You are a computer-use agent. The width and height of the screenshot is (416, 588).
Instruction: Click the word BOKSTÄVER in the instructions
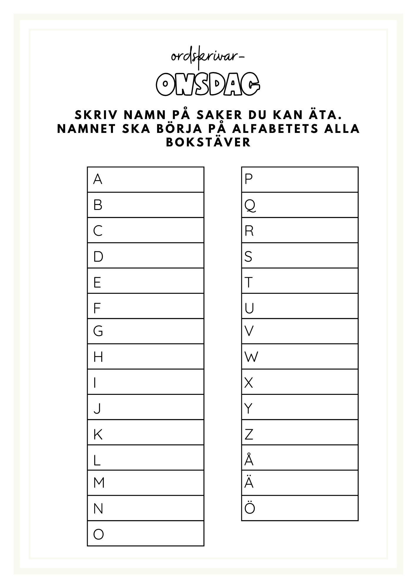[208, 142]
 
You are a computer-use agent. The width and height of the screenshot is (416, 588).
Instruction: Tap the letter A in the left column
[98, 179]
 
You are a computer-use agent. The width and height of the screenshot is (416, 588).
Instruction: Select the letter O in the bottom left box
[99, 534]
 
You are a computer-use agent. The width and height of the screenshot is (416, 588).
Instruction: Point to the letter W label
[251, 357]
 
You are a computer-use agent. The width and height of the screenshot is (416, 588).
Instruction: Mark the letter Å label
[249, 460]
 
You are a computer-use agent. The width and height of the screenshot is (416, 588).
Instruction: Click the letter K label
[98, 434]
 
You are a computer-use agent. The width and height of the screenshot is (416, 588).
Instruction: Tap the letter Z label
[249, 434]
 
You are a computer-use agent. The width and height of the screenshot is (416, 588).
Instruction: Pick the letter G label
[98, 331]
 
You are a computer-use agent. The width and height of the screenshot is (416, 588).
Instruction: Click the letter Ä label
[249, 483]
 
